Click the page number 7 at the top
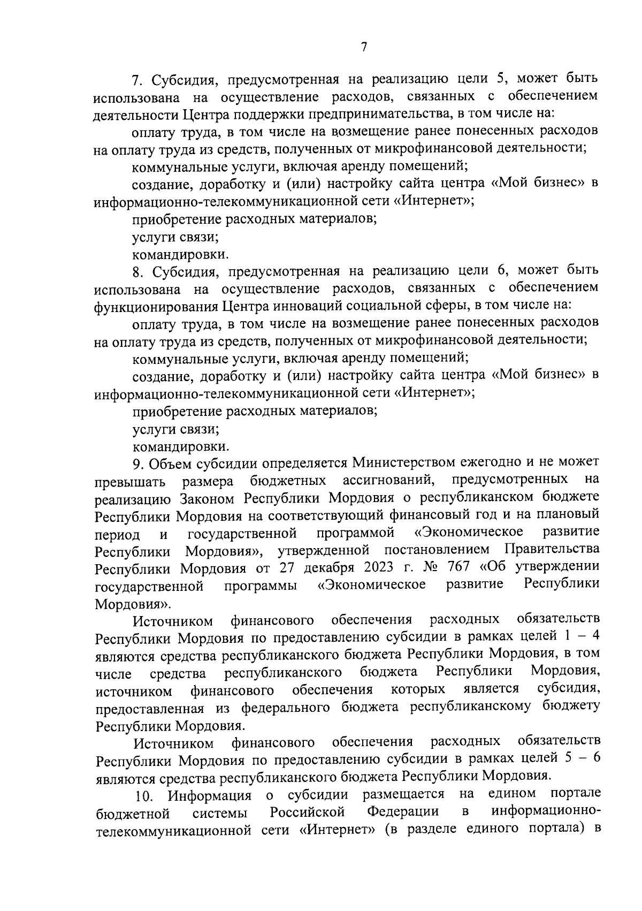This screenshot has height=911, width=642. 364,47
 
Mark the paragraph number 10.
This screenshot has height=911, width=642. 144,796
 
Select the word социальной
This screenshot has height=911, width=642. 376,307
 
